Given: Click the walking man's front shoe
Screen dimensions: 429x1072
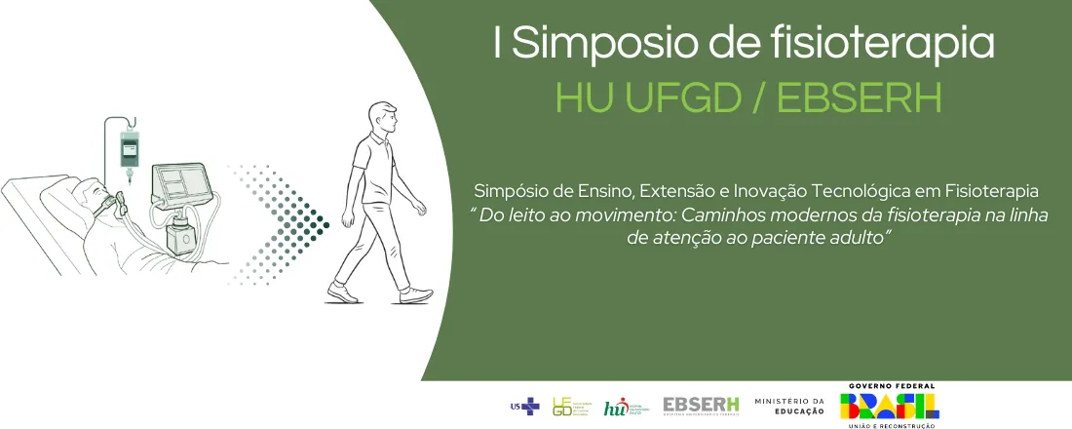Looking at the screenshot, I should click(415, 293).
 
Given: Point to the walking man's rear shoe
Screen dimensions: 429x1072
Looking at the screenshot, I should click(341, 292).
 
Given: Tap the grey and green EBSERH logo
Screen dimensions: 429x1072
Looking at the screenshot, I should click(701, 406).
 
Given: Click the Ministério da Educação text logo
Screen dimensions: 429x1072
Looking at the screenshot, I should click(788, 406).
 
